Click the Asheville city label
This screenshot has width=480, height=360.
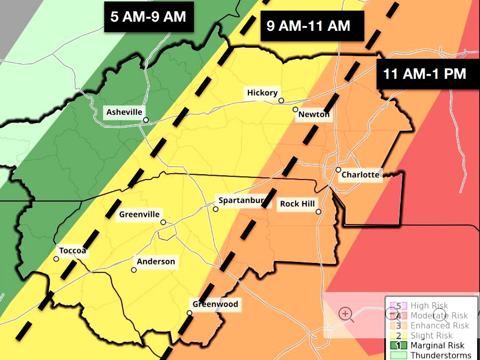point(124,112)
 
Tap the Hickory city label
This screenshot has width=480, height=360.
point(262,92)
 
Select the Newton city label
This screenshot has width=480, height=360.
point(314,115)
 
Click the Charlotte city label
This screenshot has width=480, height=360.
point(360,175)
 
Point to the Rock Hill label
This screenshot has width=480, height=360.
point(298,204)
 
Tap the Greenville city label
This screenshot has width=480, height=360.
point(139,214)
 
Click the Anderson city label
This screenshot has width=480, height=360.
point(156,262)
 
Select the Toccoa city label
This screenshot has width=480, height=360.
point(72,251)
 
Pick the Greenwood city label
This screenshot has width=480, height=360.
point(215,304)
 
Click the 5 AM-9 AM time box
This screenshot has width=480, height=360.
point(148,17)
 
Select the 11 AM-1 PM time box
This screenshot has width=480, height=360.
point(425,74)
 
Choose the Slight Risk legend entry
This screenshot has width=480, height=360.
point(432,335)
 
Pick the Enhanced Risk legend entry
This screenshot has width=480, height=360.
point(440,326)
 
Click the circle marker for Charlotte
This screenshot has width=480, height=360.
point(338,170)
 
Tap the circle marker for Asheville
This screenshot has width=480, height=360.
point(145,120)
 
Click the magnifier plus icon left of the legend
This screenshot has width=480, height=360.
point(345,314)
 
